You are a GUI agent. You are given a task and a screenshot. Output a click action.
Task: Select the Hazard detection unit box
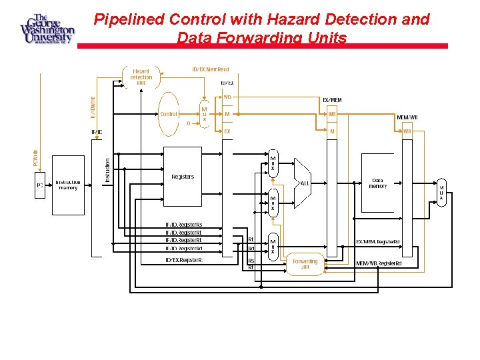coord(141,77)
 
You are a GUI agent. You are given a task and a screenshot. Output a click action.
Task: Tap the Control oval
coord(169,114)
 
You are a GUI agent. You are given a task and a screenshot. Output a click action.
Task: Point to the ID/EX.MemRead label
coord(210,69)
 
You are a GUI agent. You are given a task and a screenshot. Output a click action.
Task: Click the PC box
coord(39,185)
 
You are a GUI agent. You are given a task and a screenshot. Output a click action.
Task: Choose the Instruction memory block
coord(68,185)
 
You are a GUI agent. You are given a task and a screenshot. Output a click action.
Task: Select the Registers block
coord(183,177)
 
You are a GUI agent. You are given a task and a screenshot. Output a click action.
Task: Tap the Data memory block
coord(377,183)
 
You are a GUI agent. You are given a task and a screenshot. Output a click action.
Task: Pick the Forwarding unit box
coord(305,263)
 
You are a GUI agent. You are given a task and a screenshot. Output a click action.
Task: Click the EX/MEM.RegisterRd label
coord(378,241)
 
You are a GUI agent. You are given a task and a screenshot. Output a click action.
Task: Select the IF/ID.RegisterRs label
coord(183,225)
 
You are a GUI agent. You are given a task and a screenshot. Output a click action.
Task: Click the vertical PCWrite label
coord(36,158)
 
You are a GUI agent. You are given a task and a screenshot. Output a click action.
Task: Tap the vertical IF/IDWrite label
coord(93,107)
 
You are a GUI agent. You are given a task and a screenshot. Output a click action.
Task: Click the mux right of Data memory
coord(441,193)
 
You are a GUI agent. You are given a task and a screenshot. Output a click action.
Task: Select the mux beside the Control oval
coord(205,114)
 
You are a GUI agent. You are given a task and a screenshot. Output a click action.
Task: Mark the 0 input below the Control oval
coord(189,123)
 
